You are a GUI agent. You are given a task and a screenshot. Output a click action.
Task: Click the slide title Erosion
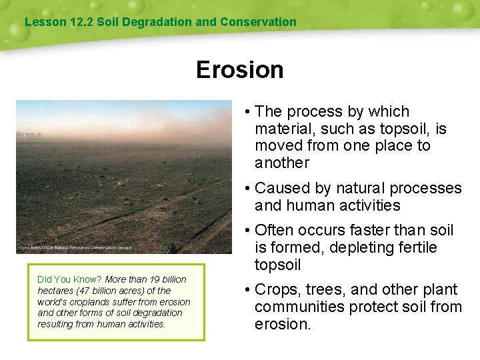(x=239, y=70)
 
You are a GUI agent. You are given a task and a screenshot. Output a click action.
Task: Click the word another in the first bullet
(x=282, y=163)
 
